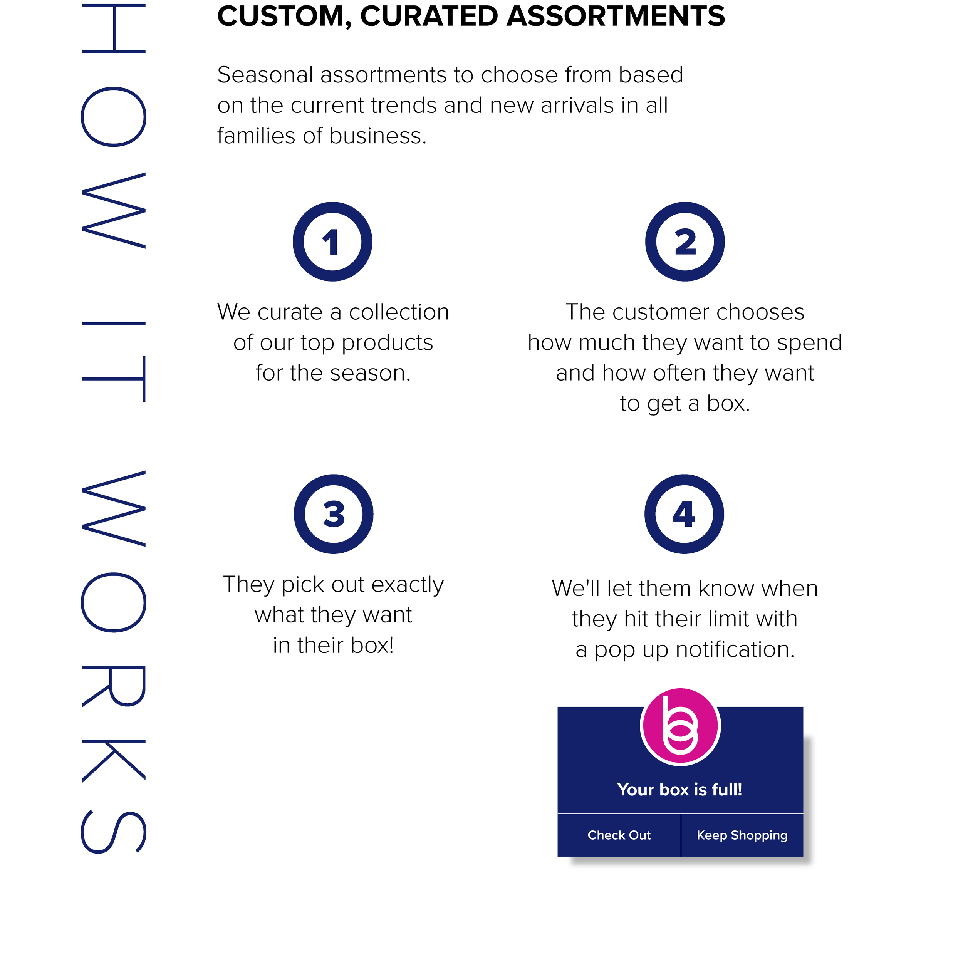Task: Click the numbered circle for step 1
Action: tap(332, 241)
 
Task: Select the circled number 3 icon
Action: tap(334, 514)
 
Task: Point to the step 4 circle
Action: tap(684, 514)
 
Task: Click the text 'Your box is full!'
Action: tap(679, 789)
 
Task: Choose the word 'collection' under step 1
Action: tap(399, 312)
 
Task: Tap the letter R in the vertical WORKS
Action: tap(113, 686)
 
